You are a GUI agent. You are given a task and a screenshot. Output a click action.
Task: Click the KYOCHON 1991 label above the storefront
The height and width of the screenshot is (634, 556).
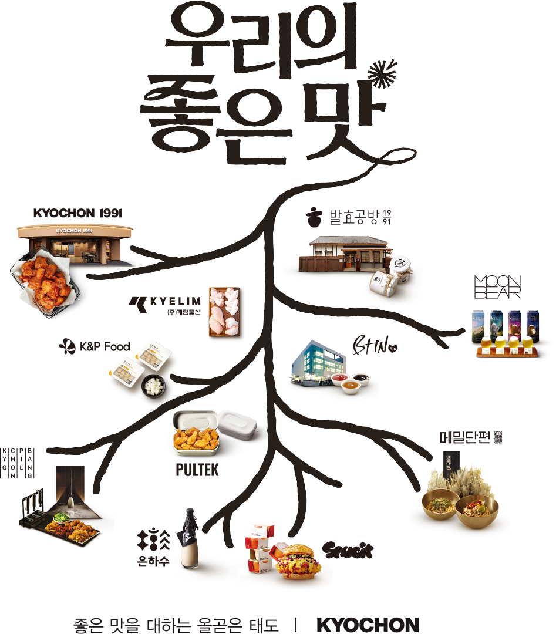point(77,213)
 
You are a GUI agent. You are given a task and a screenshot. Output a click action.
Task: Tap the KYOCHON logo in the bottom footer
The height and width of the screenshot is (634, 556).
point(368,625)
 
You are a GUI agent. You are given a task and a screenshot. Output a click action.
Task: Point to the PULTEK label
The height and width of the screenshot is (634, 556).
point(197,470)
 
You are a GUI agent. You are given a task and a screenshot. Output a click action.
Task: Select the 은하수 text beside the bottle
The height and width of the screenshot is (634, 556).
point(154,561)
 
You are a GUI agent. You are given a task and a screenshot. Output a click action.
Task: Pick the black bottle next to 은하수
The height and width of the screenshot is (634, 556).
point(190,538)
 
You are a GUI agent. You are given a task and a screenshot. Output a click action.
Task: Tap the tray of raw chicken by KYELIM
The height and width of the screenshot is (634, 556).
point(226,312)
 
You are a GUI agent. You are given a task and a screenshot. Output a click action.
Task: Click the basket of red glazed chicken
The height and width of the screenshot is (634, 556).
point(45,283)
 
